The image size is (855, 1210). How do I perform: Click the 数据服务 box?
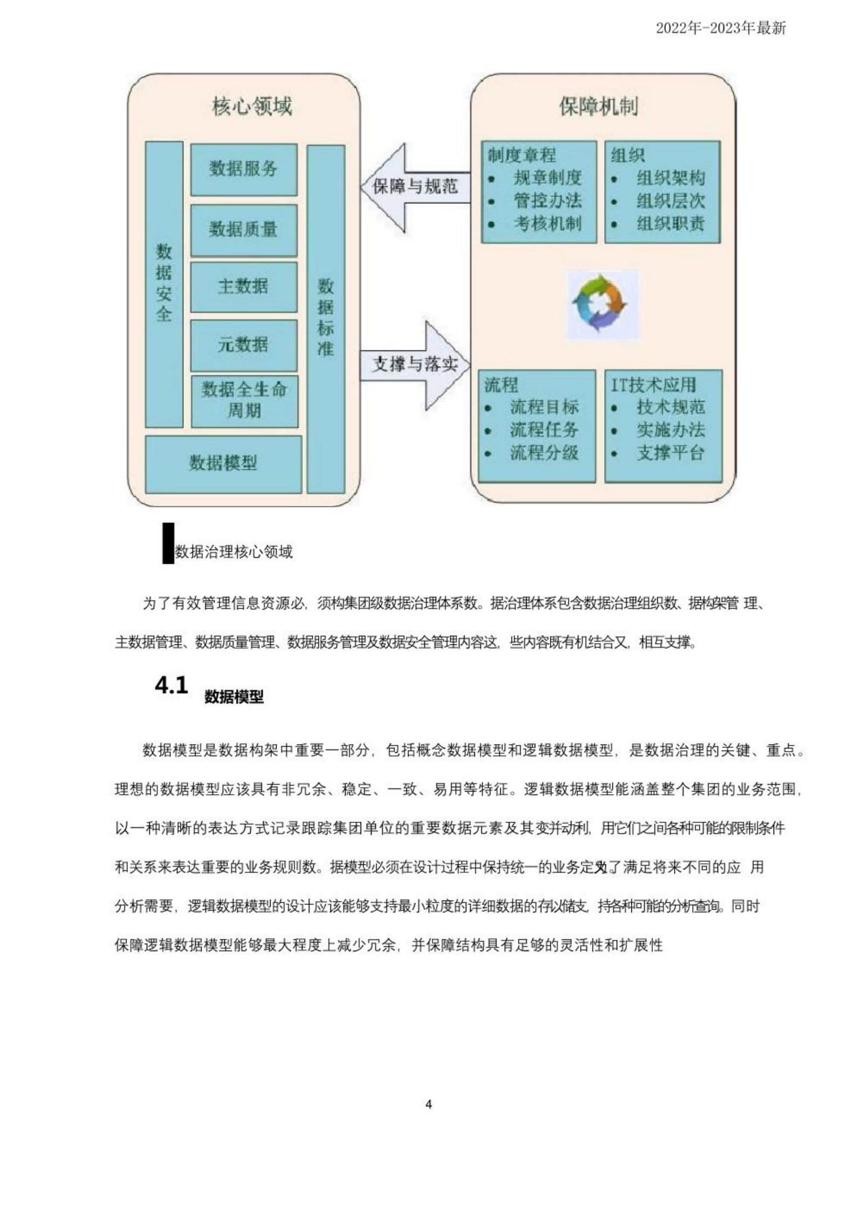244,169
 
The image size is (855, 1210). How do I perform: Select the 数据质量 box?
244,230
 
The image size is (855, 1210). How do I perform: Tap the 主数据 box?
244,287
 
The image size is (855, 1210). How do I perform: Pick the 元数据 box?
244,345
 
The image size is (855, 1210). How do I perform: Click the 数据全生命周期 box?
244,400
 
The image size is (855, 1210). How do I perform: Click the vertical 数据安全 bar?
164,284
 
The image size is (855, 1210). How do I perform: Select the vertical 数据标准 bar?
326,318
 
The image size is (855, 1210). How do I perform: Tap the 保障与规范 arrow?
414,187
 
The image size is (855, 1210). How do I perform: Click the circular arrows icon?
599,304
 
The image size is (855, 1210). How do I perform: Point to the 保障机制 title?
598,107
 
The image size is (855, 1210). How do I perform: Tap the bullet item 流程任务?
544,430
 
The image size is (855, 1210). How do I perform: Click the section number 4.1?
171,686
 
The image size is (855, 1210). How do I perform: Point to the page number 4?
429,1104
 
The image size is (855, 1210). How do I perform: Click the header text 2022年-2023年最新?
721,28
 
